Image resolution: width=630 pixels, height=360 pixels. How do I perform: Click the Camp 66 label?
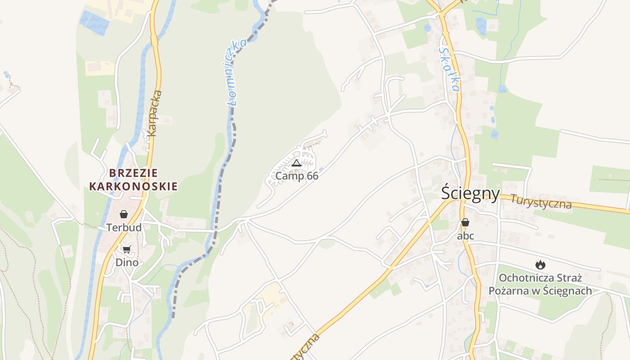(x=297, y=176)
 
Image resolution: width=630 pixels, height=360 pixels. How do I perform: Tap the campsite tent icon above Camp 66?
(x=296, y=163)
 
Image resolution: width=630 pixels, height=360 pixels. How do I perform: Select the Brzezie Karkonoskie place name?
(x=133, y=180)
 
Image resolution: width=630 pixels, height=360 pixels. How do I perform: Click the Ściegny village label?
(x=470, y=193)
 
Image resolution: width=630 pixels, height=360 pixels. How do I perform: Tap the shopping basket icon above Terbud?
(x=124, y=214)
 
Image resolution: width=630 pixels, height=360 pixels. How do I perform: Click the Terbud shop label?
(x=124, y=228)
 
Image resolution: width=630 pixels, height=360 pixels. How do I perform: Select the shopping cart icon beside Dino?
(x=126, y=249)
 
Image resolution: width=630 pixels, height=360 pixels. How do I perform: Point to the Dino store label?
(x=127, y=262)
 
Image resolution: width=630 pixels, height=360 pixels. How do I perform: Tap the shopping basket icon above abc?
(x=465, y=222)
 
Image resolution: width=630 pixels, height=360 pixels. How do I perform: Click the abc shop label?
(x=465, y=236)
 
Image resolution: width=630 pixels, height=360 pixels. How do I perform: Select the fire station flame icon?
(x=540, y=265)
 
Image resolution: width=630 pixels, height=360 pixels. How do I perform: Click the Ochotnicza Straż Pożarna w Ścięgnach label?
(x=540, y=284)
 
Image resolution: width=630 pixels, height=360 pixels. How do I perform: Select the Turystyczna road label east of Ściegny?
(x=541, y=202)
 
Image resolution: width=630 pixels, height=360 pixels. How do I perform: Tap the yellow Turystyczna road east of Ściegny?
(x=598, y=208)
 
